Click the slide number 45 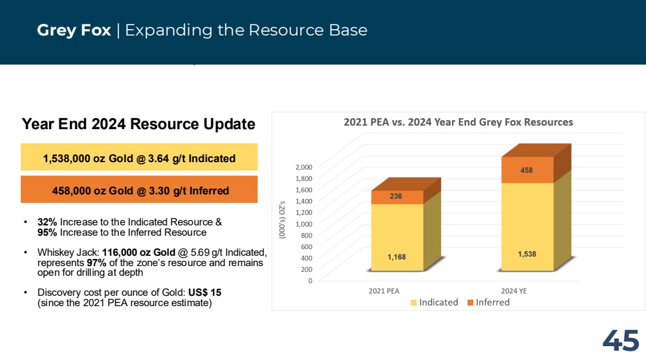point(621,340)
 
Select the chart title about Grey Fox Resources point(458,122)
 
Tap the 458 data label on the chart point(526,170)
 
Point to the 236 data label point(396,196)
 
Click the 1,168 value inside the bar point(397,257)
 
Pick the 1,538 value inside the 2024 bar point(527,254)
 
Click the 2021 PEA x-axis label point(384,291)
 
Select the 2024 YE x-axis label point(513,291)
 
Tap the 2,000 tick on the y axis point(304,167)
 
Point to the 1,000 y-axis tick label point(304,224)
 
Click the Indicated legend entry point(435,302)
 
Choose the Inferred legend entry point(489,302)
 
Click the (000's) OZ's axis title point(282,220)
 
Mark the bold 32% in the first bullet point(47,222)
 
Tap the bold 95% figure point(47,233)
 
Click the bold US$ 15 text point(205,293)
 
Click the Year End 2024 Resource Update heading point(138,124)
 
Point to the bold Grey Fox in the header point(74,30)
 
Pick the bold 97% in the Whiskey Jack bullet point(96,263)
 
